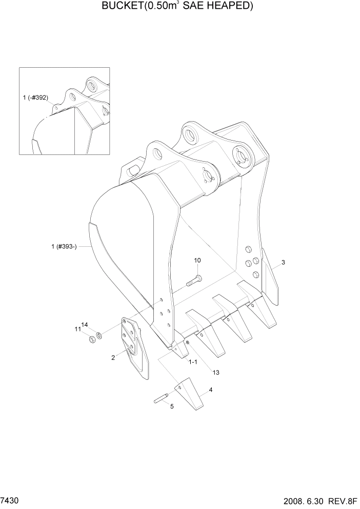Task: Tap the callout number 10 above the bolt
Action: pos(197,261)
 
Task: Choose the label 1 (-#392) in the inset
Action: pos(37,97)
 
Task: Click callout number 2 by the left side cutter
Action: pos(113,358)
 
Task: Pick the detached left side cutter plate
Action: pos(134,346)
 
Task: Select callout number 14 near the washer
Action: pos(85,325)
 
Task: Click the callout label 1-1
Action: pos(193,362)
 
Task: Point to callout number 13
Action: pos(215,373)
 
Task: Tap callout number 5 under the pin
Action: pos(172,406)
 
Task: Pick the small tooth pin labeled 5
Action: pos(162,398)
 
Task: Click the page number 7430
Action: pos(11,499)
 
